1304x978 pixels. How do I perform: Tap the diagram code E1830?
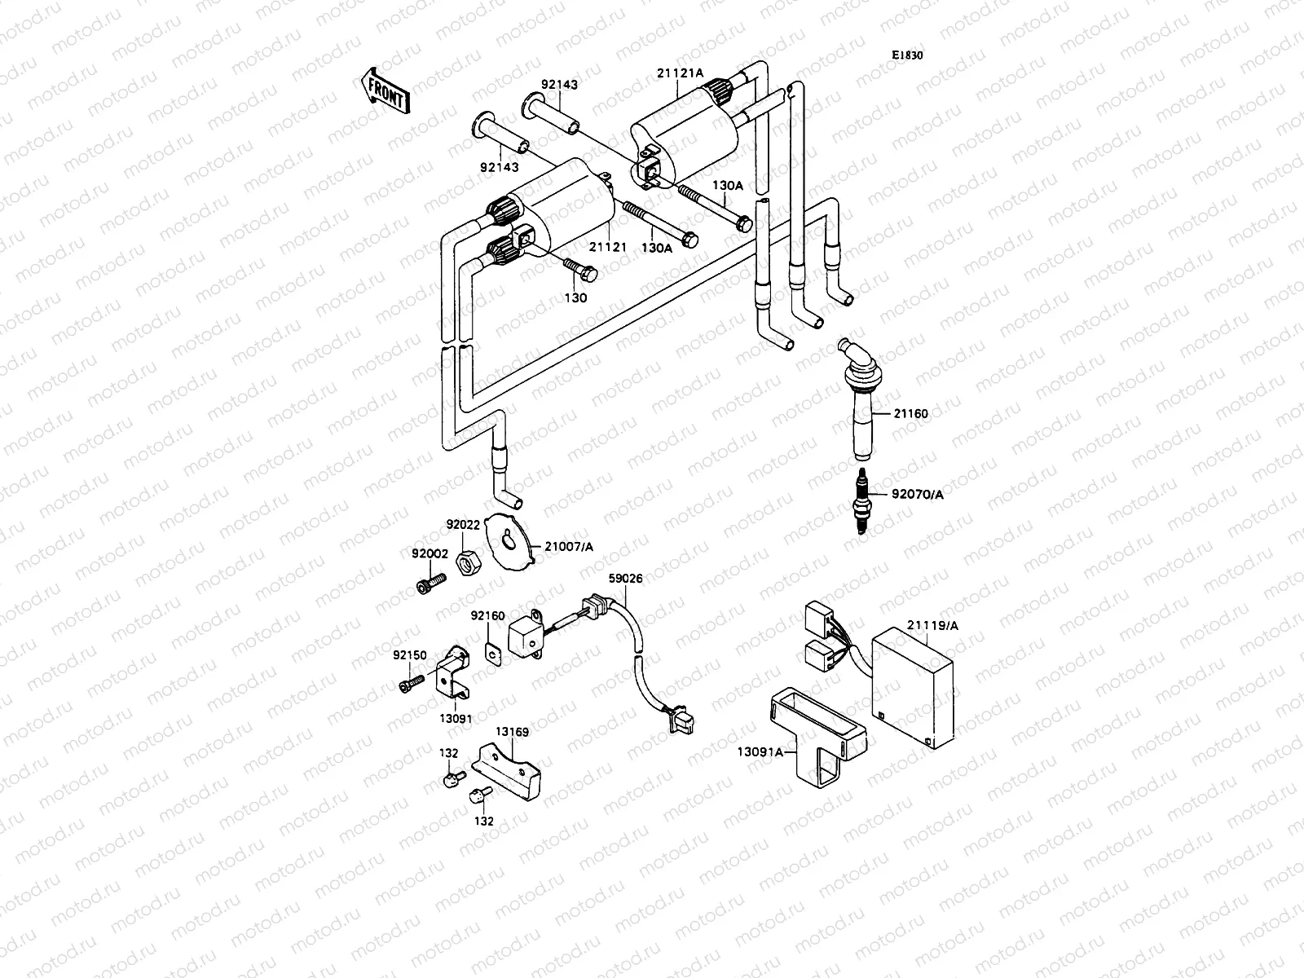906,55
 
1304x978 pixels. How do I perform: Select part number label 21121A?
680,73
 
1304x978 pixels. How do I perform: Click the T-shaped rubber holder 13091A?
815,729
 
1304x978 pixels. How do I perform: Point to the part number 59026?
625,579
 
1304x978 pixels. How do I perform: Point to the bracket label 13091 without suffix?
456,719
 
